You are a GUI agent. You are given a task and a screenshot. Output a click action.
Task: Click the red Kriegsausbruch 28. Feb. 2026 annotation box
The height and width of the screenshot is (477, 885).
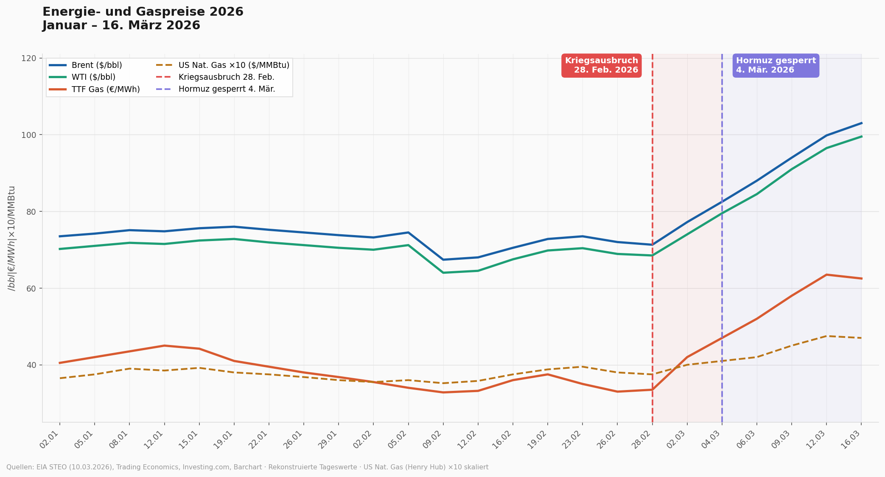coord(601,65)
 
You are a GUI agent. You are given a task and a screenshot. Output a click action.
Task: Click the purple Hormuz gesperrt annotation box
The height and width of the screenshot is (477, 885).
coord(776,65)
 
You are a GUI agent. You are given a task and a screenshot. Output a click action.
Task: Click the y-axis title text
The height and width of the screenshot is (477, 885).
coord(12,238)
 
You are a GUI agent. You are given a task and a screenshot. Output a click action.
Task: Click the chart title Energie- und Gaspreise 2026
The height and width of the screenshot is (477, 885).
coord(143,12)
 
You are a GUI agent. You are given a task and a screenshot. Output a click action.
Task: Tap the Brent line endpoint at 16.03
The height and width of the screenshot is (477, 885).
coord(861,123)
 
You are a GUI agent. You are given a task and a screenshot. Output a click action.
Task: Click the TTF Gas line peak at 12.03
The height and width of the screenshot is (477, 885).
coord(826,275)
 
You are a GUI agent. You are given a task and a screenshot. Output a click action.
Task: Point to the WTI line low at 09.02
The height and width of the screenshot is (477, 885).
coord(443,272)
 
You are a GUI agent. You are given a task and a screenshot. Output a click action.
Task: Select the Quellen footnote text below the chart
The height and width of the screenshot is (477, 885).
coord(247,467)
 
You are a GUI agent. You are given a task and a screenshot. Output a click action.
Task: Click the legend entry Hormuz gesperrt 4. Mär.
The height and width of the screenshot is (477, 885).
coord(227,89)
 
